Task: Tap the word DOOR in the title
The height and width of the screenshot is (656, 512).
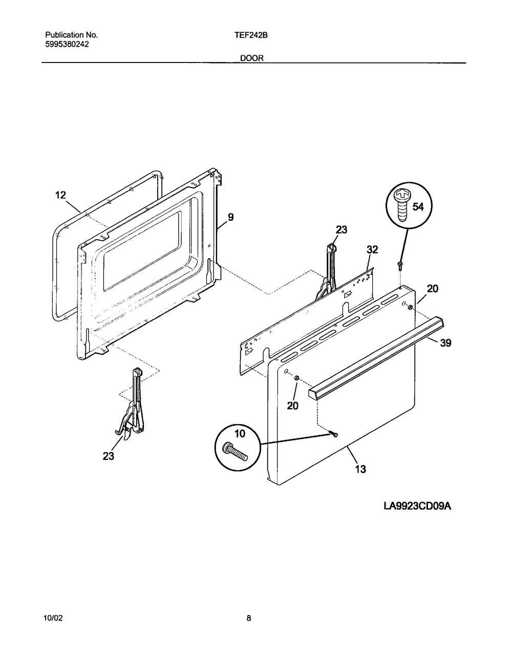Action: [252, 58]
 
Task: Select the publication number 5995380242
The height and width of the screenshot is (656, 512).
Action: [67, 44]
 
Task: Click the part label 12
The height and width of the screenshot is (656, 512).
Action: [60, 195]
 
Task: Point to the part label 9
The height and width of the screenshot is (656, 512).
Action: [230, 217]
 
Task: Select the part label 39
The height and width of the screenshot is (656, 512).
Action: [445, 343]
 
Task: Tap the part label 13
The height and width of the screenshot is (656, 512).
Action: [360, 469]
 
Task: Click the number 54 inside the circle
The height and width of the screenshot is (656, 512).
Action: [418, 207]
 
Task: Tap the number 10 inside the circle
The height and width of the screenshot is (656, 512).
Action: [225, 434]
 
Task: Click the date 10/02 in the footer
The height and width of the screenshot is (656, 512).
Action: [53, 618]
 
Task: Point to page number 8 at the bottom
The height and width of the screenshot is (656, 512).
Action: [249, 618]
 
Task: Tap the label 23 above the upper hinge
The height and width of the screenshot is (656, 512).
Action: [342, 230]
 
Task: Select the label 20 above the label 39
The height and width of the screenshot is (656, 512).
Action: [433, 289]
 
